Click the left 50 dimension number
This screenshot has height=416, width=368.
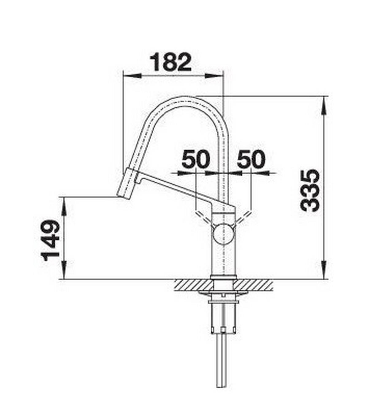pos(196,160)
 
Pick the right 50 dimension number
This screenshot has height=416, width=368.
pos(251,160)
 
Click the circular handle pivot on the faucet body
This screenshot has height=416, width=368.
pos(224,234)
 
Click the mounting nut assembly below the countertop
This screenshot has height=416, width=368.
pos(223,316)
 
